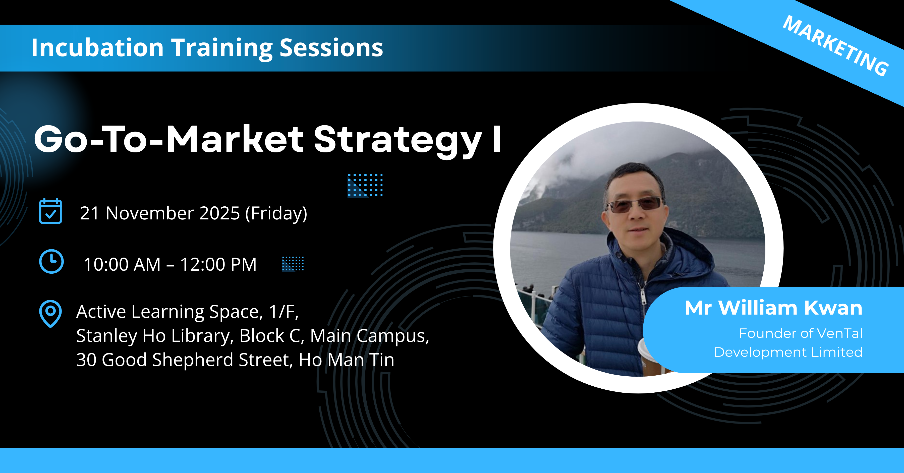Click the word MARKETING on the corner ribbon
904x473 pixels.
pyautogui.click(x=836, y=46)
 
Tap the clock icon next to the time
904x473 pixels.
pyautogui.click(x=51, y=261)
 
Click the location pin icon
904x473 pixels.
pyautogui.click(x=50, y=314)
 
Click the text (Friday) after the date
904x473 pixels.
pyautogui.click(x=276, y=214)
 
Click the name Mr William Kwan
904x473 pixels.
pyautogui.click(x=773, y=308)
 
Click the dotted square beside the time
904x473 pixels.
pyautogui.click(x=293, y=264)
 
